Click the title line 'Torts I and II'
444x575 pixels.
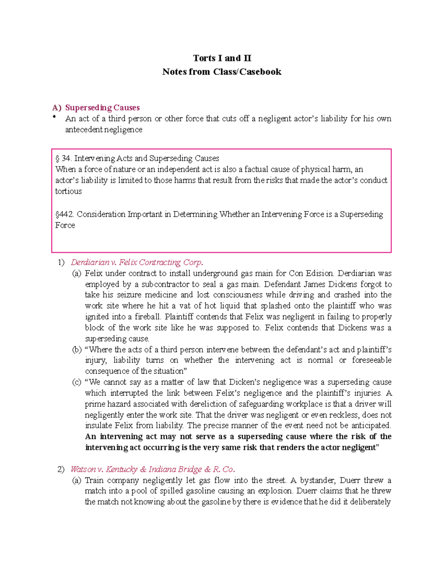(x=222, y=58)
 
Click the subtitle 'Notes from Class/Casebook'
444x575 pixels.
(x=222, y=72)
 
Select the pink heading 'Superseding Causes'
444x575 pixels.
(x=102, y=108)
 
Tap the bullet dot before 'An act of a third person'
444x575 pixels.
(x=54, y=117)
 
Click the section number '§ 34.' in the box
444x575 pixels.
(x=63, y=158)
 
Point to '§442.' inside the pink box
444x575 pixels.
(x=65, y=214)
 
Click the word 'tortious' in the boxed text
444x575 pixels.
(x=68, y=191)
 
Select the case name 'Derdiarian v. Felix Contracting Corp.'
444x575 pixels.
(x=137, y=263)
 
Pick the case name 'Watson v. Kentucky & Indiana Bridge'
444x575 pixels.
(x=152, y=469)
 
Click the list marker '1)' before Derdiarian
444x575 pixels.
(x=61, y=263)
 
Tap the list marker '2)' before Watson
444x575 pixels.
(x=61, y=469)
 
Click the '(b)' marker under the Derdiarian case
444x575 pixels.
(x=77, y=350)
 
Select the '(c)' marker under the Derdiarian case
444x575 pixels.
(x=77, y=382)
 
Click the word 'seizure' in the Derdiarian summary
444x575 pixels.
(x=129, y=295)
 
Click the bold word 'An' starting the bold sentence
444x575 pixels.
(x=90, y=437)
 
